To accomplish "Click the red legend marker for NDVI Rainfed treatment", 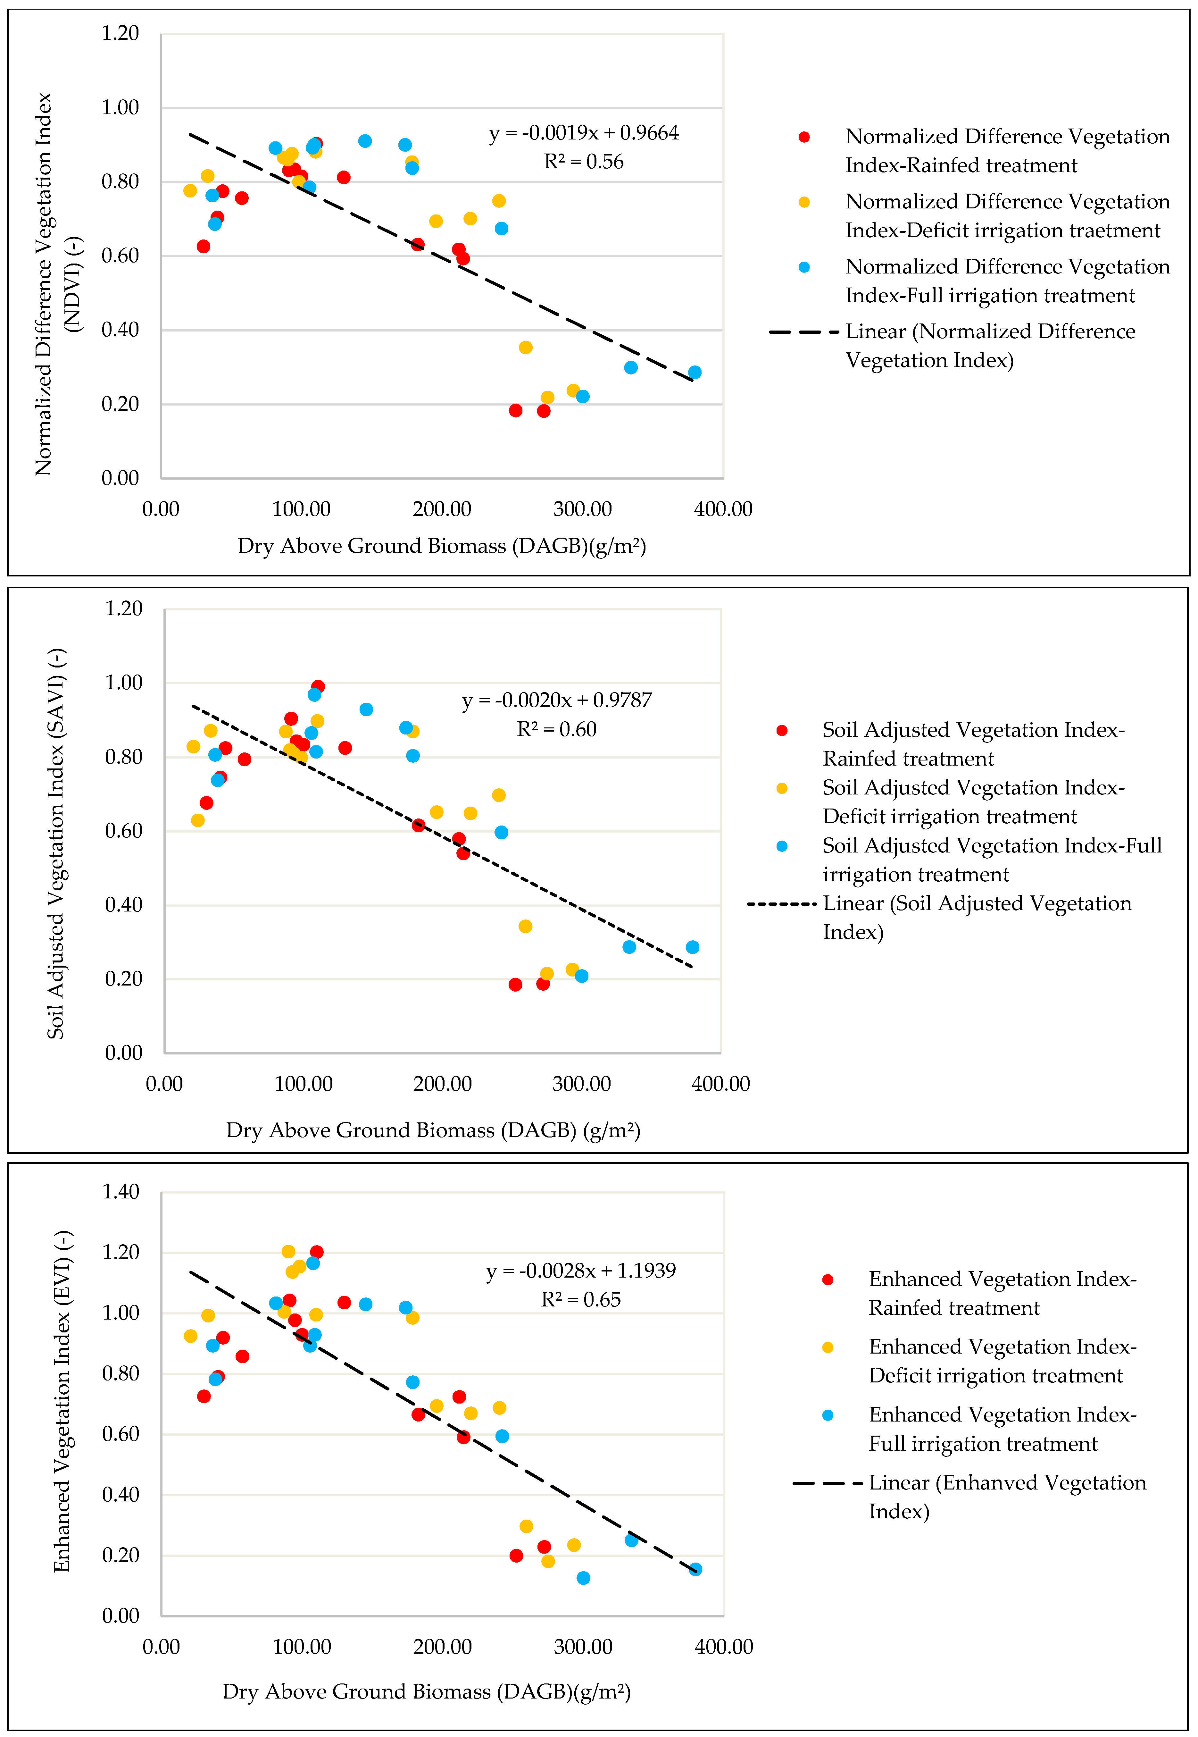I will click(x=804, y=137).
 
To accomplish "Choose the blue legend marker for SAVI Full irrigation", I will click(x=781, y=846).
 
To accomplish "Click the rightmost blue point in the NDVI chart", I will click(x=694, y=372).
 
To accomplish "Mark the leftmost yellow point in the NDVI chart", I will click(x=190, y=191).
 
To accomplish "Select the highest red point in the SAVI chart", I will click(x=318, y=686).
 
